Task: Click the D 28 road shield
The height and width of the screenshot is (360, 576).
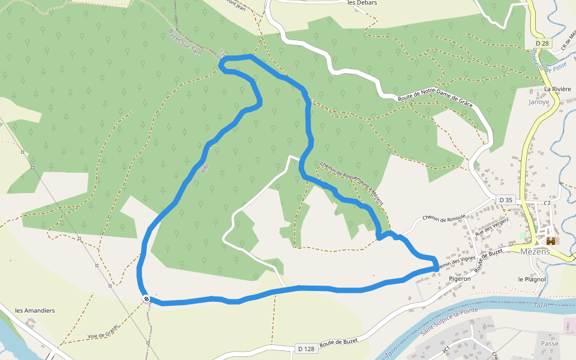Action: (542, 43)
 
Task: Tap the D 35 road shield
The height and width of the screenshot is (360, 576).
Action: (506, 200)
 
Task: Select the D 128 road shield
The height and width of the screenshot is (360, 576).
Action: (305, 349)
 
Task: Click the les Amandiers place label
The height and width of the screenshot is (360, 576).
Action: (35, 310)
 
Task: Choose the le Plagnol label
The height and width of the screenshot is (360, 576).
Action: (532, 279)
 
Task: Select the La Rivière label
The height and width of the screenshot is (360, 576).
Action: (557, 89)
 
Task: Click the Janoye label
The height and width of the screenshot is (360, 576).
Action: (538, 102)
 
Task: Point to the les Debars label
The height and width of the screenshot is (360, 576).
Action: (362, 3)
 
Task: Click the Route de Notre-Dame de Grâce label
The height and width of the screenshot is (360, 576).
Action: (436, 100)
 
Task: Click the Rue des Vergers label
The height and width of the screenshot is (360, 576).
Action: (491, 227)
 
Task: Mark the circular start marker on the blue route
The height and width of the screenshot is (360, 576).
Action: (146, 298)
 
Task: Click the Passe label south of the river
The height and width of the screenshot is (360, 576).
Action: (549, 344)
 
